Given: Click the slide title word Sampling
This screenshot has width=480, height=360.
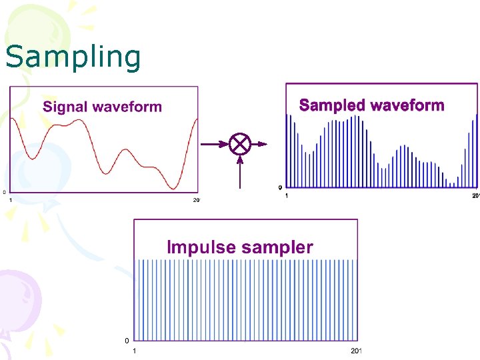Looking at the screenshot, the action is (73, 57).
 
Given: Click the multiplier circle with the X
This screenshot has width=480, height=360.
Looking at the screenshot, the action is (239, 144).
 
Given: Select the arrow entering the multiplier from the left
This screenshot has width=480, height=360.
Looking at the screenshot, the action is (214, 144).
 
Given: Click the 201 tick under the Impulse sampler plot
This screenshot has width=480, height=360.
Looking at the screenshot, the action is (355, 351).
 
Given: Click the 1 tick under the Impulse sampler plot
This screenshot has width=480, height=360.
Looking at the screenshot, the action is (135, 351).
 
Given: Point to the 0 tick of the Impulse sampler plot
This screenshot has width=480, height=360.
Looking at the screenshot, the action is (127, 341).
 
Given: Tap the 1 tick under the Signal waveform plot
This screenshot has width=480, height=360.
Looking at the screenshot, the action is (10, 199).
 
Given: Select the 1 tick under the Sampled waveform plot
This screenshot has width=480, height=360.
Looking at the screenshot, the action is (287, 195).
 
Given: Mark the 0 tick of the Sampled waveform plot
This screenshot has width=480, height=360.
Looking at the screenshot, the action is (281, 187).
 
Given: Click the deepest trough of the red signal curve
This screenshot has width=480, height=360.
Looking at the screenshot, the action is (175, 188).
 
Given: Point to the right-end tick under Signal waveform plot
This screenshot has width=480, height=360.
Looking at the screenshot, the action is (196, 199).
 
